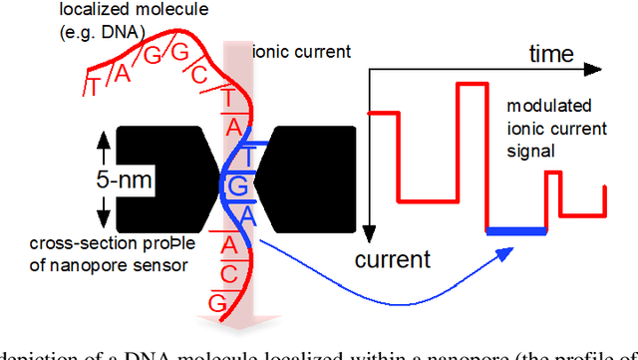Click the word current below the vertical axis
(394, 260)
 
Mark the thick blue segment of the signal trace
(516, 231)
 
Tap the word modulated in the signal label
(548, 107)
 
